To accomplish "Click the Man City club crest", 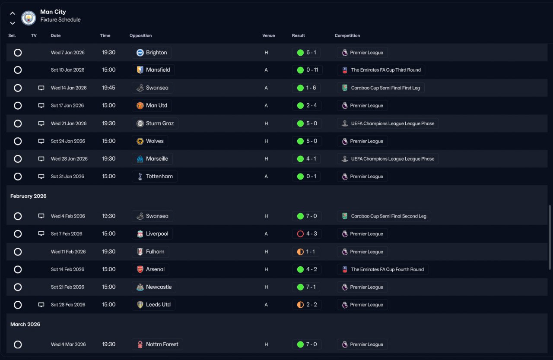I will [x=29, y=18].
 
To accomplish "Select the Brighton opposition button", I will [x=152, y=53].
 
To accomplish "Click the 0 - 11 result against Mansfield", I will [x=307, y=70].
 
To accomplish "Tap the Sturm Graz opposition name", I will [x=159, y=123].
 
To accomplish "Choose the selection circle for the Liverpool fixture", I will [x=18, y=234].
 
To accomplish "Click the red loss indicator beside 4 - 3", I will [x=300, y=234].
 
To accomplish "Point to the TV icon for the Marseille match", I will [x=41, y=159].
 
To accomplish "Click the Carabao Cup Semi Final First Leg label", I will [x=385, y=88].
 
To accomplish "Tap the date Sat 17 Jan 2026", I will [x=67, y=106].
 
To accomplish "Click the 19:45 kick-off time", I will [x=108, y=88].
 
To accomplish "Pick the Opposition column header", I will [x=140, y=36].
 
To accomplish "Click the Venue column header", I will [x=268, y=36].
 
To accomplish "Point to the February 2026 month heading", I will [x=29, y=196].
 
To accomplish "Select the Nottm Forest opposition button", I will [x=158, y=344].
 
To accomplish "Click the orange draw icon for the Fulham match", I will [x=300, y=252].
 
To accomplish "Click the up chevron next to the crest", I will [x=13, y=13].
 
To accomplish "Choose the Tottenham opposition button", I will [x=155, y=177].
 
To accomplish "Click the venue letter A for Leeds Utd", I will [x=266, y=305].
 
